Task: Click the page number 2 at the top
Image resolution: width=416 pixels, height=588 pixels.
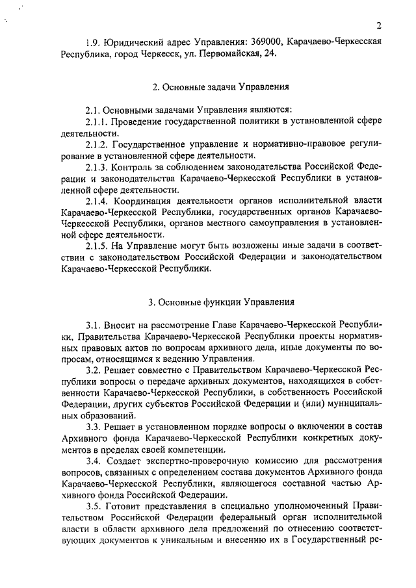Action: tap(378, 26)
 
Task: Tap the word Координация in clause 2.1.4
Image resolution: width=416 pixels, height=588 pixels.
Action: tap(142, 201)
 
